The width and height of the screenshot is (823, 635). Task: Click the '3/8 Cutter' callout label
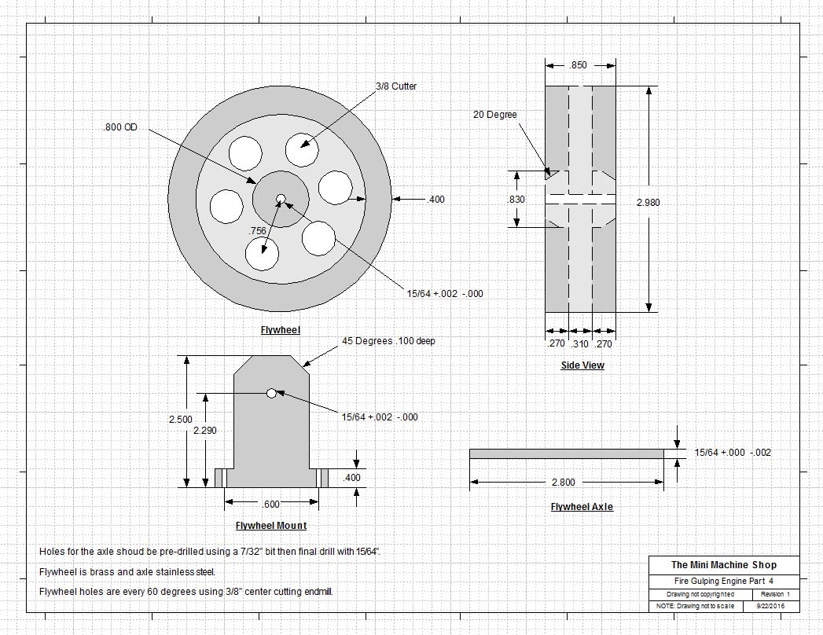(x=395, y=86)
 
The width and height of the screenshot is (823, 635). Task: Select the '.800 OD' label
(x=119, y=127)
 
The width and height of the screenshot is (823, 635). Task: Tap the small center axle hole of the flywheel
(x=280, y=198)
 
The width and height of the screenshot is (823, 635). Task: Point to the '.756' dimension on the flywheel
(x=257, y=231)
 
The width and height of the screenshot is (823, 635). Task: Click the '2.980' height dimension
(x=648, y=203)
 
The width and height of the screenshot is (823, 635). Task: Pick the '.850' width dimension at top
(x=579, y=66)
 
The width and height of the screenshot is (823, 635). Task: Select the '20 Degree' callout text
(x=494, y=115)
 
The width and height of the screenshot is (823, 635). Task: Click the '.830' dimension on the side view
(x=516, y=200)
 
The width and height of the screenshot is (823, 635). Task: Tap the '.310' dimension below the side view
(x=580, y=343)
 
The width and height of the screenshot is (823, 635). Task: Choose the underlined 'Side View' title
(x=582, y=365)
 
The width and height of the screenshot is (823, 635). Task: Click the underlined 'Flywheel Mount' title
(x=271, y=526)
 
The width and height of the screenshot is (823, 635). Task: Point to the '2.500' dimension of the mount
(x=180, y=420)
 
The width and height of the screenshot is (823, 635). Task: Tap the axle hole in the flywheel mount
(x=271, y=393)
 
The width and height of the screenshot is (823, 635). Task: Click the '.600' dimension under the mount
(x=270, y=505)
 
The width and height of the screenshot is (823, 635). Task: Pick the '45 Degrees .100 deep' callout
(x=388, y=341)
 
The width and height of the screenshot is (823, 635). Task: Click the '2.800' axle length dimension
(x=564, y=483)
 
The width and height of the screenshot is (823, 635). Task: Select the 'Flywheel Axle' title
(x=582, y=507)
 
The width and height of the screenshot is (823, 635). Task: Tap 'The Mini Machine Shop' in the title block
(x=723, y=565)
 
